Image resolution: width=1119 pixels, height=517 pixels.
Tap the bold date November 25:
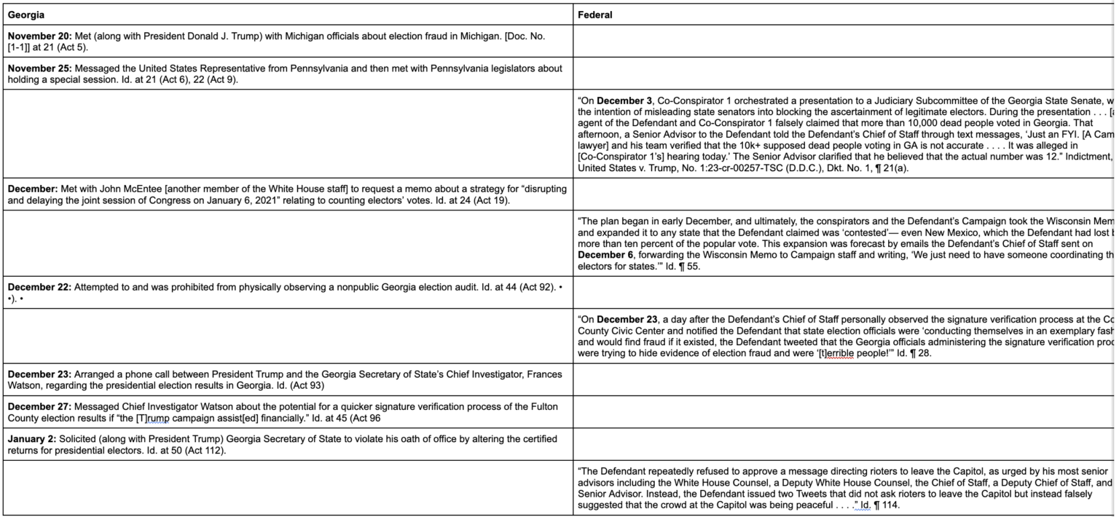click(x=38, y=68)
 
